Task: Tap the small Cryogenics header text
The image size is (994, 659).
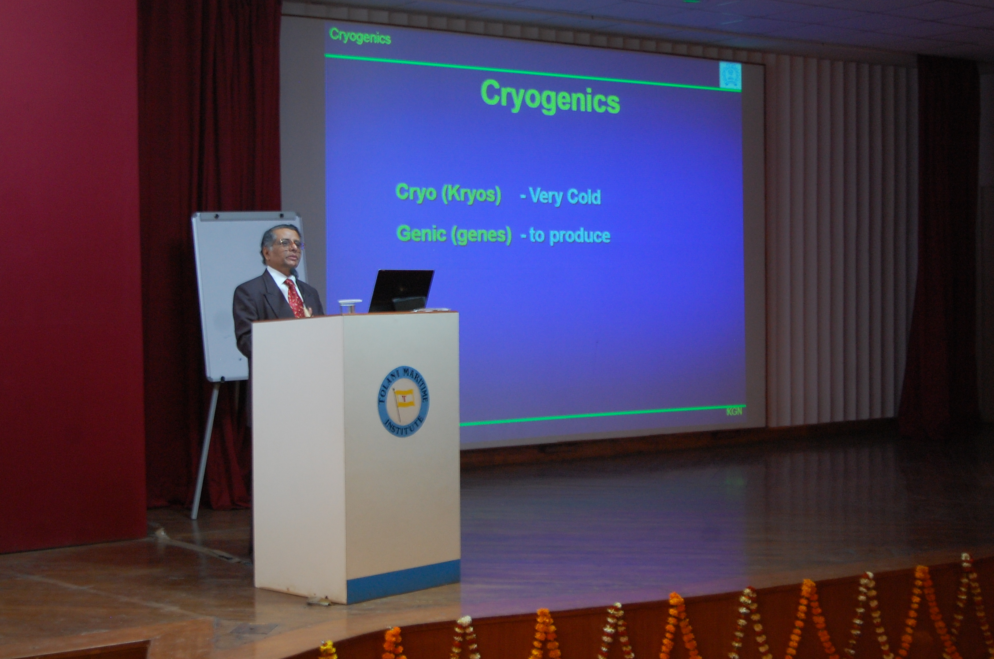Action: tap(360, 36)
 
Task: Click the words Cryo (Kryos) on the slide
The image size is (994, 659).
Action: tap(448, 194)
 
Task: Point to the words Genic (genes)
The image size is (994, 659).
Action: tap(454, 234)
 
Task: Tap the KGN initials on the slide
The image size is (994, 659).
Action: tap(734, 411)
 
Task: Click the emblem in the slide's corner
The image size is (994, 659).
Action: tap(730, 75)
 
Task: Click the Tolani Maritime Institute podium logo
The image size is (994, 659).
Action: tap(403, 401)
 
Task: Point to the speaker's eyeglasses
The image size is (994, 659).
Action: tap(289, 243)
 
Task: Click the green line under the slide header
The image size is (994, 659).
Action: tap(533, 73)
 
